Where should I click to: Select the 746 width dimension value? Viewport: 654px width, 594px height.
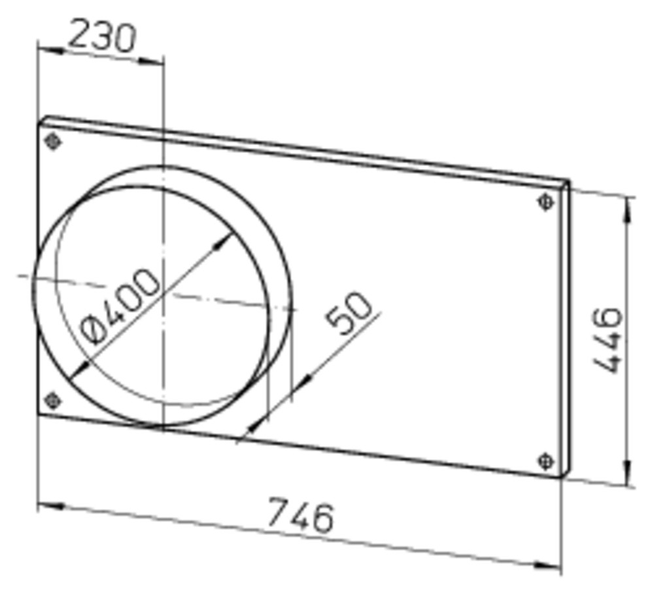coord(300,515)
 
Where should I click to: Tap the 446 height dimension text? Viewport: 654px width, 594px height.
coord(608,340)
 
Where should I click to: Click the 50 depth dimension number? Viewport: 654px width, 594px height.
coord(349,313)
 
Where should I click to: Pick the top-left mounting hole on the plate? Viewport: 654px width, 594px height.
coord(52,141)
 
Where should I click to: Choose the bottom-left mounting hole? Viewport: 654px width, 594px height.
coord(52,401)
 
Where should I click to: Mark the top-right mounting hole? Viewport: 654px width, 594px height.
coord(546,202)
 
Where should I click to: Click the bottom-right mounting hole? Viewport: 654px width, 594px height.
coord(546,461)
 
